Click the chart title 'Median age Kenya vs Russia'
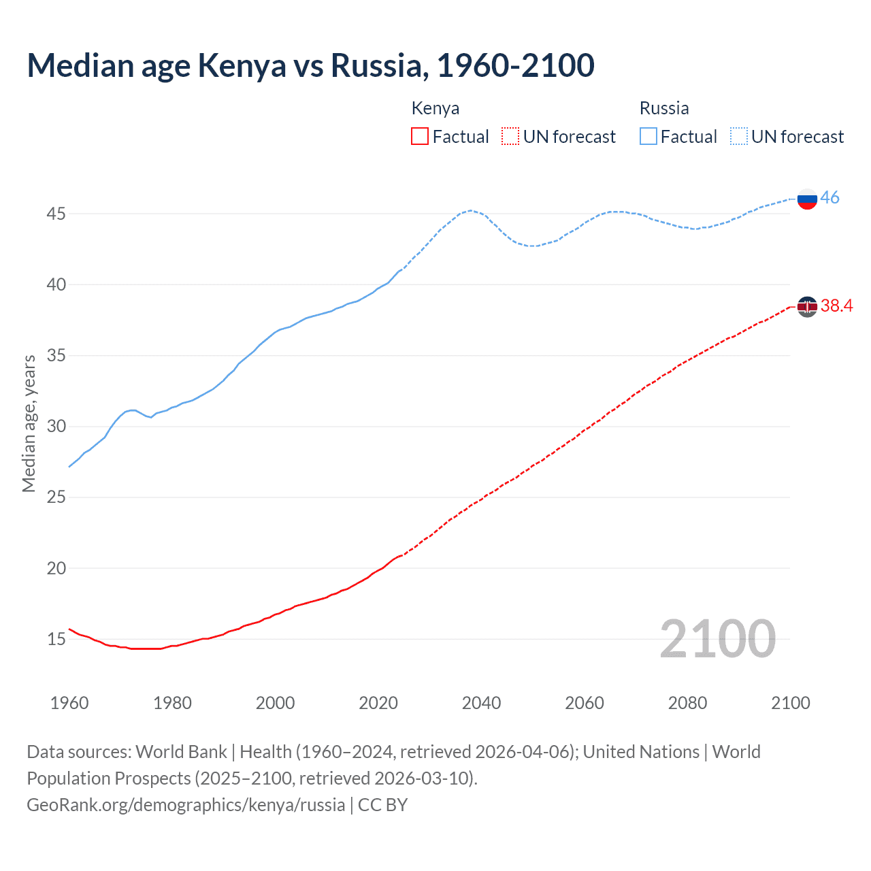(310, 65)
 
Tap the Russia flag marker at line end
(807, 199)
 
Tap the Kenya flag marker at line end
(807, 307)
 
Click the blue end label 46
(829, 197)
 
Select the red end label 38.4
(836, 306)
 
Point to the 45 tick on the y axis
(56, 214)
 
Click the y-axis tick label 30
(56, 427)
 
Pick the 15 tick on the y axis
(56, 639)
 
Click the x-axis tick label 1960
(69, 703)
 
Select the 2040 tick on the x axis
(481, 703)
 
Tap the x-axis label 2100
(790, 703)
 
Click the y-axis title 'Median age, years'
(29, 423)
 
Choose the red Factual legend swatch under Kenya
(420, 137)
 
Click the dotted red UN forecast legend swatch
(510, 137)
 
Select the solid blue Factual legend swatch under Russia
(648, 137)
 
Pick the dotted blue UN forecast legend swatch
(738, 137)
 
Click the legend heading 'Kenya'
(435, 108)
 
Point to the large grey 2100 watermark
(717, 638)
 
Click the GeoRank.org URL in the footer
(186, 805)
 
